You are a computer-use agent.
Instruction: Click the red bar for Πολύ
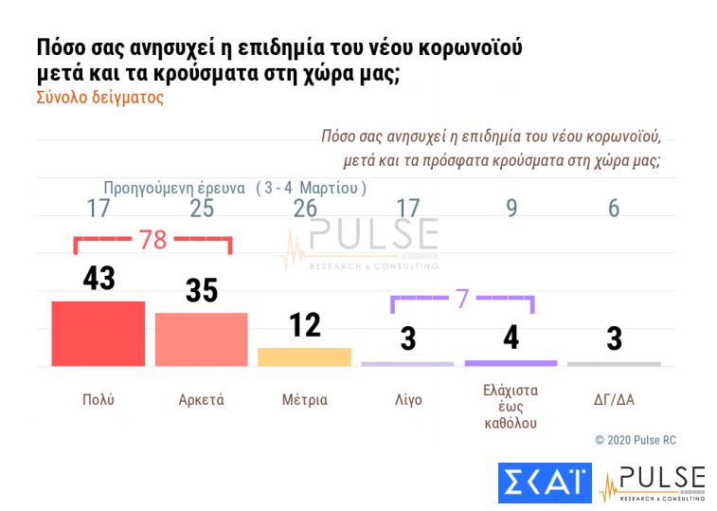[98, 333]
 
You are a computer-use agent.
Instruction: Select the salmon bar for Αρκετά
[201, 338]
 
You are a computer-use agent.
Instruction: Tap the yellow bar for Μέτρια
[304, 356]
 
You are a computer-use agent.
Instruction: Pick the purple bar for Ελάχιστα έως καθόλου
[511, 363]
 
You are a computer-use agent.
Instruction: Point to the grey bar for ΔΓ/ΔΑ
[614, 364]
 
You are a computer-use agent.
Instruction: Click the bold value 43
[98, 278]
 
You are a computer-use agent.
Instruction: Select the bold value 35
[202, 290]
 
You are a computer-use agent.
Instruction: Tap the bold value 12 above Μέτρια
[305, 324]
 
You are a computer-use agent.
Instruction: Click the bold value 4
[511, 338]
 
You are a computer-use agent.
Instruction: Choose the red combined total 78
[152, 239]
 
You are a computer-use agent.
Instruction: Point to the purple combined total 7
[462, 298]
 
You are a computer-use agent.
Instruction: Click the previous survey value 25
[202, 209]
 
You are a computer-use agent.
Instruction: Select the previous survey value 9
[511, 209]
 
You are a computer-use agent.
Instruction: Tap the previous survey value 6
[614, 209]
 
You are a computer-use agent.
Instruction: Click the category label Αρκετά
[201, 399]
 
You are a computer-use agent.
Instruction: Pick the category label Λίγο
[407, 399]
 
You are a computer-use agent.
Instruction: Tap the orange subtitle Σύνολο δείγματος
[99, 98]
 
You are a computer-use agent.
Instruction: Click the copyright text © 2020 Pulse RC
[635, 440]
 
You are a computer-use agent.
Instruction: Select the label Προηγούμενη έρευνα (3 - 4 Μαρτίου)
[234, 188]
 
